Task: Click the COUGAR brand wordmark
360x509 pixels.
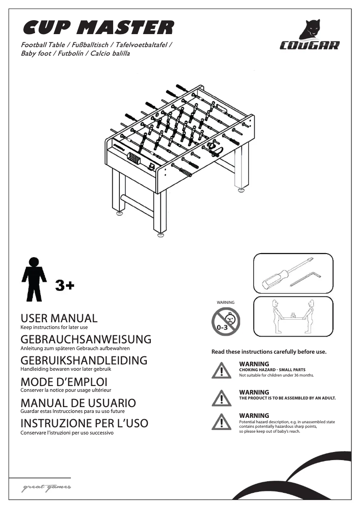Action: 310,45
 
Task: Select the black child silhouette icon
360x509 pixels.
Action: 34,279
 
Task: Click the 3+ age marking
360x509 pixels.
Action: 65,285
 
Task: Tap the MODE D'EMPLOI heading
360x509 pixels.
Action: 64,382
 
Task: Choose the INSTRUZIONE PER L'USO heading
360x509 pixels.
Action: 84,423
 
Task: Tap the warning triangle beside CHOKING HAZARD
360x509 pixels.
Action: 221,370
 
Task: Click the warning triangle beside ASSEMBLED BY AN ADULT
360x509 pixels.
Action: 221,398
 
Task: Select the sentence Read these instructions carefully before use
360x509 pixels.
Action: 269,352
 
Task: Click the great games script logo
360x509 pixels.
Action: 46,488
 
